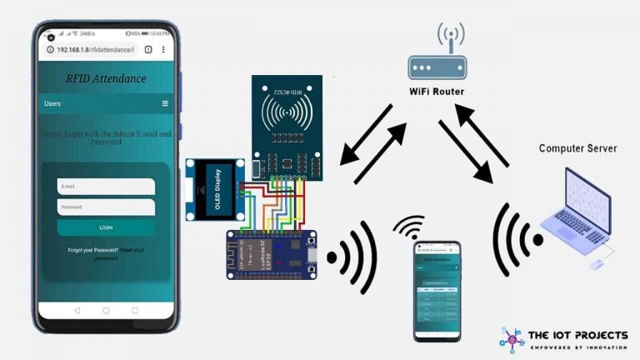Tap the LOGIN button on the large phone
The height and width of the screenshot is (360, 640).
(x=106, y=227)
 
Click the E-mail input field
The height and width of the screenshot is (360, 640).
(x=106, y=187)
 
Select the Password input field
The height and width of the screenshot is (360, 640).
(x=106, y=207)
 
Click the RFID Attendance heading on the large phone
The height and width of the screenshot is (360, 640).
(x=106, y=78)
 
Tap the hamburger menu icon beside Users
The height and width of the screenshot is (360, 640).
(x=165, y=103)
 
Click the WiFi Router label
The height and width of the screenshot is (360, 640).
(x=437, y=91)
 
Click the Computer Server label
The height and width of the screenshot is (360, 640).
(x=577, y=148)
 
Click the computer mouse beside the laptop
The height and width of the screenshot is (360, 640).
(x=597, y=264)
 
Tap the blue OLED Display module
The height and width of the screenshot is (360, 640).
(x=212, y=189)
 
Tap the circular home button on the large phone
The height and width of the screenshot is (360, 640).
(x=106, y=310)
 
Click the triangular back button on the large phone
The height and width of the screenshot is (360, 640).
(x=77, y=310)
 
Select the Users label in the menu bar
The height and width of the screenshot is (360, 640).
(x=52, y=103)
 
